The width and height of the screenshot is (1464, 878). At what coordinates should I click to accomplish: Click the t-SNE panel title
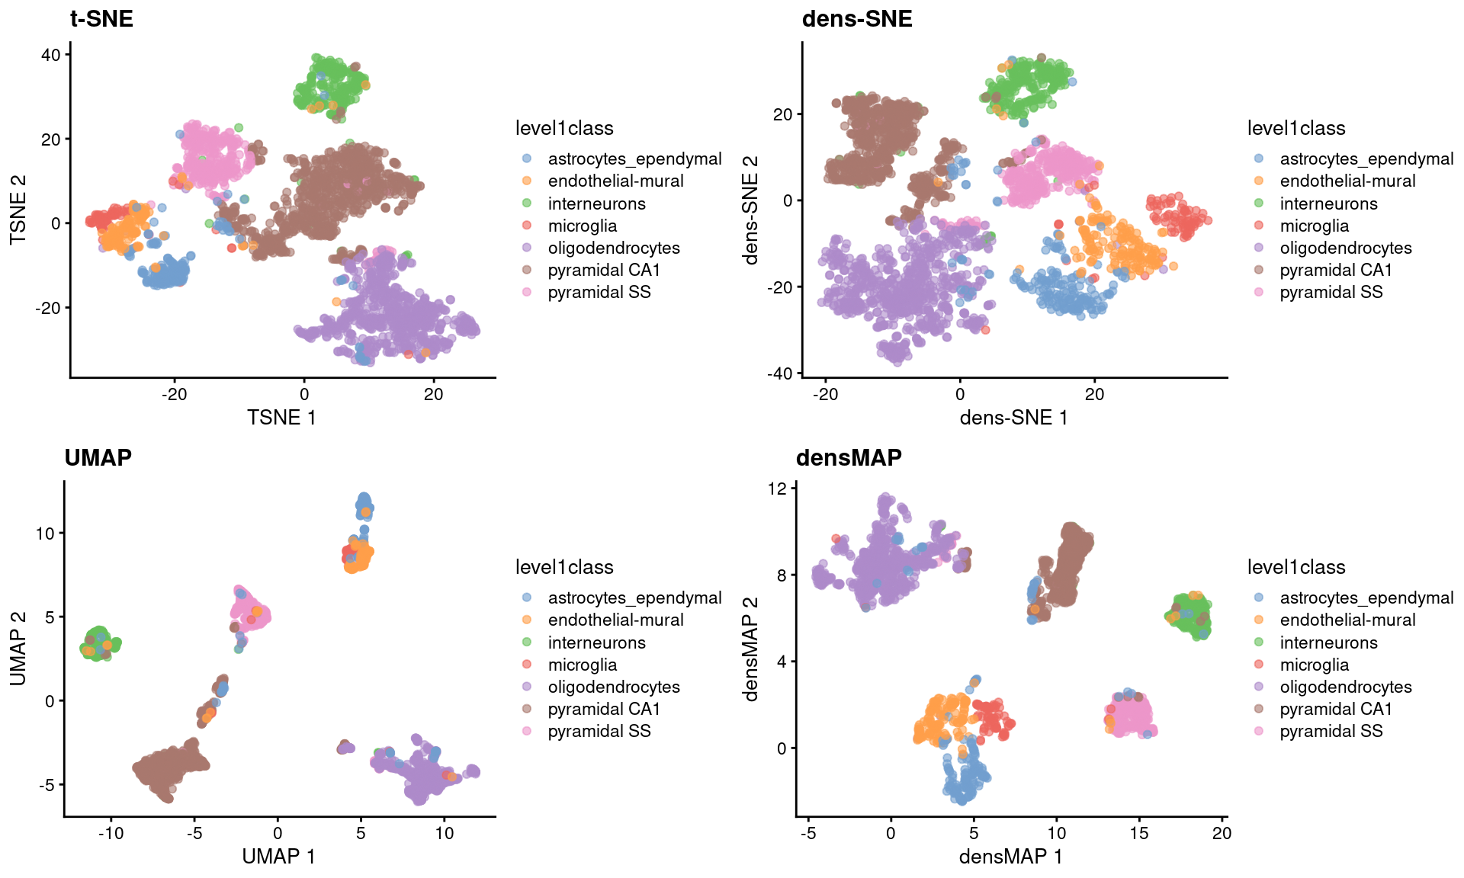(101, 18)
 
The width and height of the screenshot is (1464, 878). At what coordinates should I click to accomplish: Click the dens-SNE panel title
(857, 18)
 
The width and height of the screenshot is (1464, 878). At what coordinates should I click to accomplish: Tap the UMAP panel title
(98, 457)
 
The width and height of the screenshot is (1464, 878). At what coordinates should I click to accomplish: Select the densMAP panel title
(849, 457)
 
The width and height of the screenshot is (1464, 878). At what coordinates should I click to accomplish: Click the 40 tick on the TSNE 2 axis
(51, 55)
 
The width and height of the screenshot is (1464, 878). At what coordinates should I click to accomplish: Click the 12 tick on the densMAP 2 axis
(777, 489)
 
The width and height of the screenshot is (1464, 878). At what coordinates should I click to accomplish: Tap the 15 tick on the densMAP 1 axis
(1139, 833)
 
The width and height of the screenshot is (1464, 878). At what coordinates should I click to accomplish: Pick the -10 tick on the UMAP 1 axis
(111, 833)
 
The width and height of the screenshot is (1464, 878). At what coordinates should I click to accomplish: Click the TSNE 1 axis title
(281, 418)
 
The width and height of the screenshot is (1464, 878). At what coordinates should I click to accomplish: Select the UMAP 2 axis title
(18, 649)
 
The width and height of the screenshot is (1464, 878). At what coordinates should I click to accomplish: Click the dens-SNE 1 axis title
(1013, 418)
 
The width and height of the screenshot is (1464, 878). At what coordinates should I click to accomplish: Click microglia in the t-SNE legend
(582, 226)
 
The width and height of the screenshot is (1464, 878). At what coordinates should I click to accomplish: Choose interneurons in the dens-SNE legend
(1328, 203)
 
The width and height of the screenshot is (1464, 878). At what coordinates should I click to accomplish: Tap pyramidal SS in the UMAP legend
(599, 731)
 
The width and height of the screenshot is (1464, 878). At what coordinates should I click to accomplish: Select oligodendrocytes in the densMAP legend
(1345, 687)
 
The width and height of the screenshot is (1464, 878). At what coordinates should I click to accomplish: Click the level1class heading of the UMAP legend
(564, 567)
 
